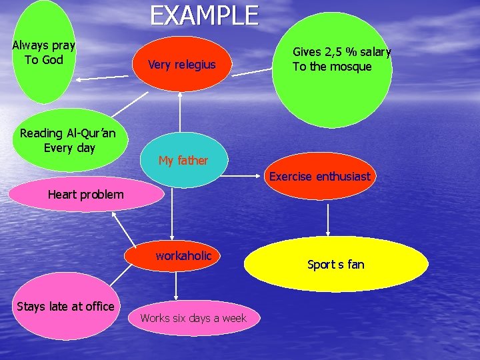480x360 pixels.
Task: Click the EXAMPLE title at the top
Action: pos(204,15)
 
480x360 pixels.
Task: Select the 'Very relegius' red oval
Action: pos(181,65)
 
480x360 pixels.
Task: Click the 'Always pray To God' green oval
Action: pos(44,53)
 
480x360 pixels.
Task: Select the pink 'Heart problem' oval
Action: pos(85,195)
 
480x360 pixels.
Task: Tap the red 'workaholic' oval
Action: pos(183,256)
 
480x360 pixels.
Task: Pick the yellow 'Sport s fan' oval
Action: pos(336,265)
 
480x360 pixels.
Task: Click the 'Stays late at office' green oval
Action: pos(65,307)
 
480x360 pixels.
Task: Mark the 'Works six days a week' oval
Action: pos(193,318)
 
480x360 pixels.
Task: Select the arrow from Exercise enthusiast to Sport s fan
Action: pos(328,219)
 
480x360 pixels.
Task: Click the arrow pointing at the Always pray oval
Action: pos(107,78)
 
